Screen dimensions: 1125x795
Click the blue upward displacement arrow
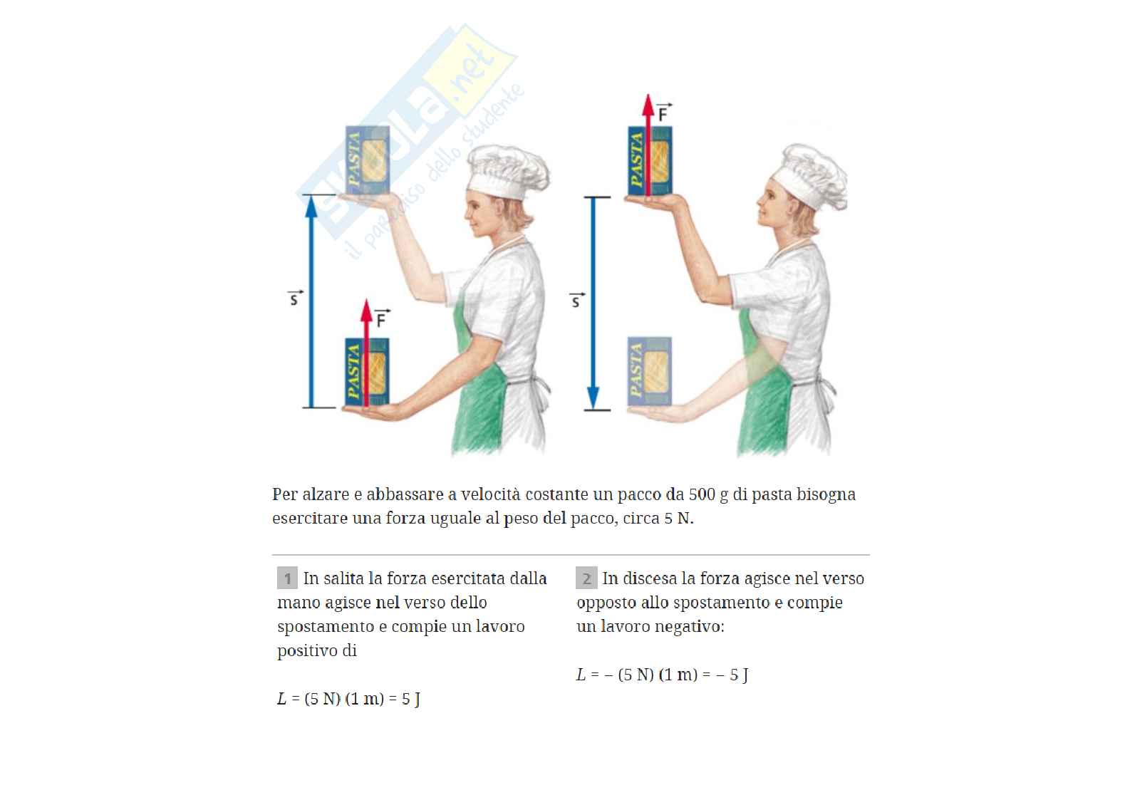pos(311,301)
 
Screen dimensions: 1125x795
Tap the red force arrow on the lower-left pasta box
pos(367,353)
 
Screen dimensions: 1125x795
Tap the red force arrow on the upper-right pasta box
pos(648,145)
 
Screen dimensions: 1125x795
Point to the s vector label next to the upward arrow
pos(295,298)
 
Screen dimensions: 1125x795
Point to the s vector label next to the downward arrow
pos(576,300)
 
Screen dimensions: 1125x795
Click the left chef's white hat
pos(507,171)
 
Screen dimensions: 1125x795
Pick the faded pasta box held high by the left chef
pos(368,160)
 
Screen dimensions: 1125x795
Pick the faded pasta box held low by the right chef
pos(649,371)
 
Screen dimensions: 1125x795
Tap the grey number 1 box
pos(287,578)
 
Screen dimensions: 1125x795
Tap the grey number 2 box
pos(586,578)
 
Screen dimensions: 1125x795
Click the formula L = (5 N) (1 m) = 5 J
pos(348,699)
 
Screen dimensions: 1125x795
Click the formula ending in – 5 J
pos(663,675)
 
